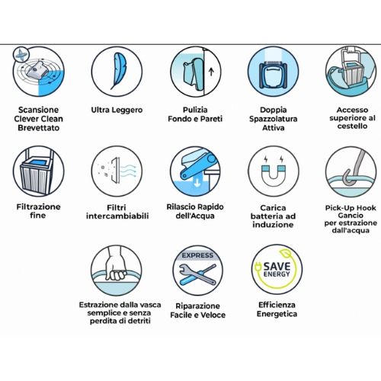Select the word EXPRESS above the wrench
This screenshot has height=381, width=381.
point(197,255)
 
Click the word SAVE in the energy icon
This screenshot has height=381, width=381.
point(277,267)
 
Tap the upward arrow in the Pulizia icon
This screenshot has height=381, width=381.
point(211,72)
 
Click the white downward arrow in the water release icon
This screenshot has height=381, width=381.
point(197,183)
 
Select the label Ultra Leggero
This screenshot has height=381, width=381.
point(117,110)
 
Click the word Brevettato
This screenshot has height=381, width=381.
point(39,127)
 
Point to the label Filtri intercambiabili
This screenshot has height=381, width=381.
point(117,212)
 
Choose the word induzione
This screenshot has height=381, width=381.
point(273,225)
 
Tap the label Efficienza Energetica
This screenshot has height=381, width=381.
point(277,309)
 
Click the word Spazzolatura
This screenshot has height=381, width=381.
point(274,119)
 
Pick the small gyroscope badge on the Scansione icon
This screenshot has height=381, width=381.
point(21,55)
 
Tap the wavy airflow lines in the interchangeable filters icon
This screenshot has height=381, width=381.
point(128,171)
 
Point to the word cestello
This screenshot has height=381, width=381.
point(352,126)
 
